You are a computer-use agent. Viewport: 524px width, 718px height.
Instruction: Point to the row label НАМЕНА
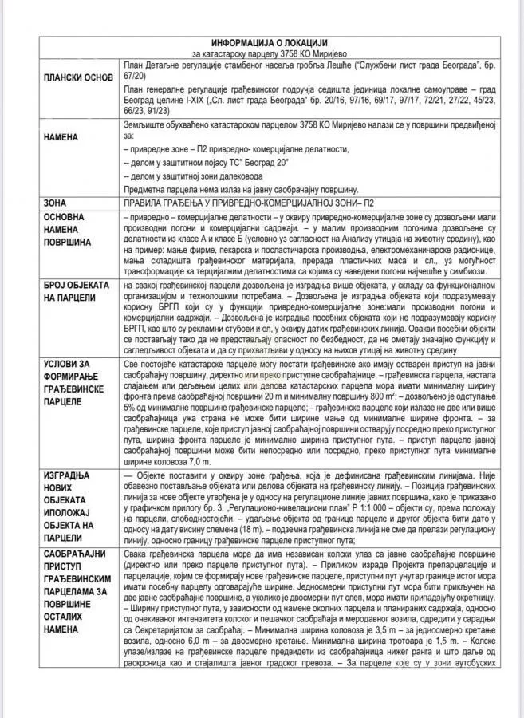pyautogui.click(x=61, y=137)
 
